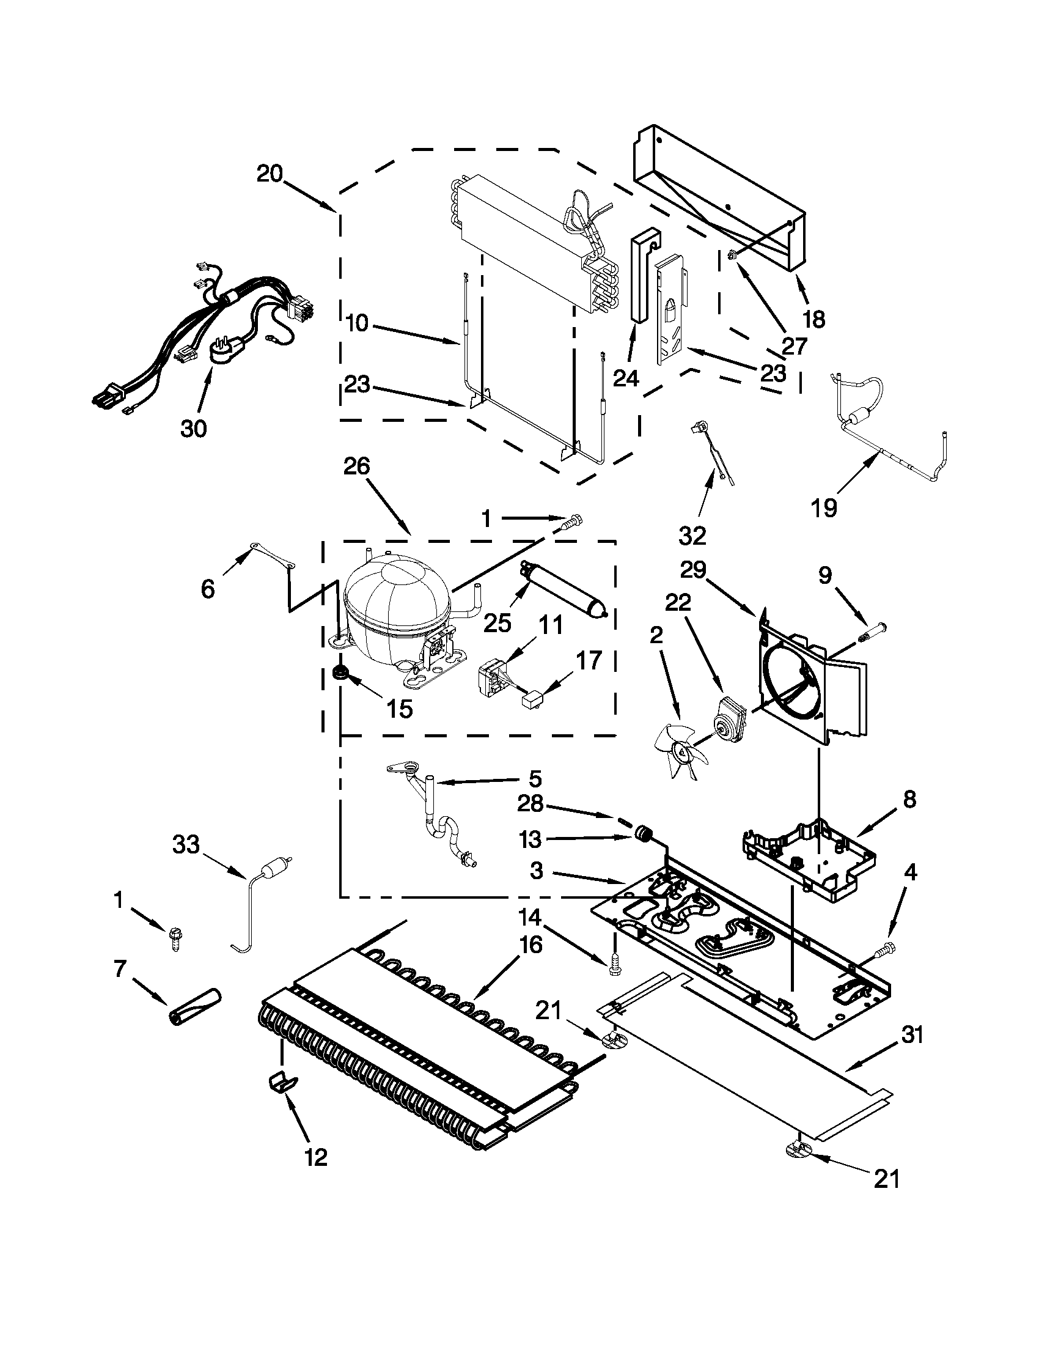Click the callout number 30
pyautogui.click(x=193, y=429)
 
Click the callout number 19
pyautogui.click(x=824, y=507)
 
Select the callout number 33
pyautogui.click(x=186, y=845)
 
